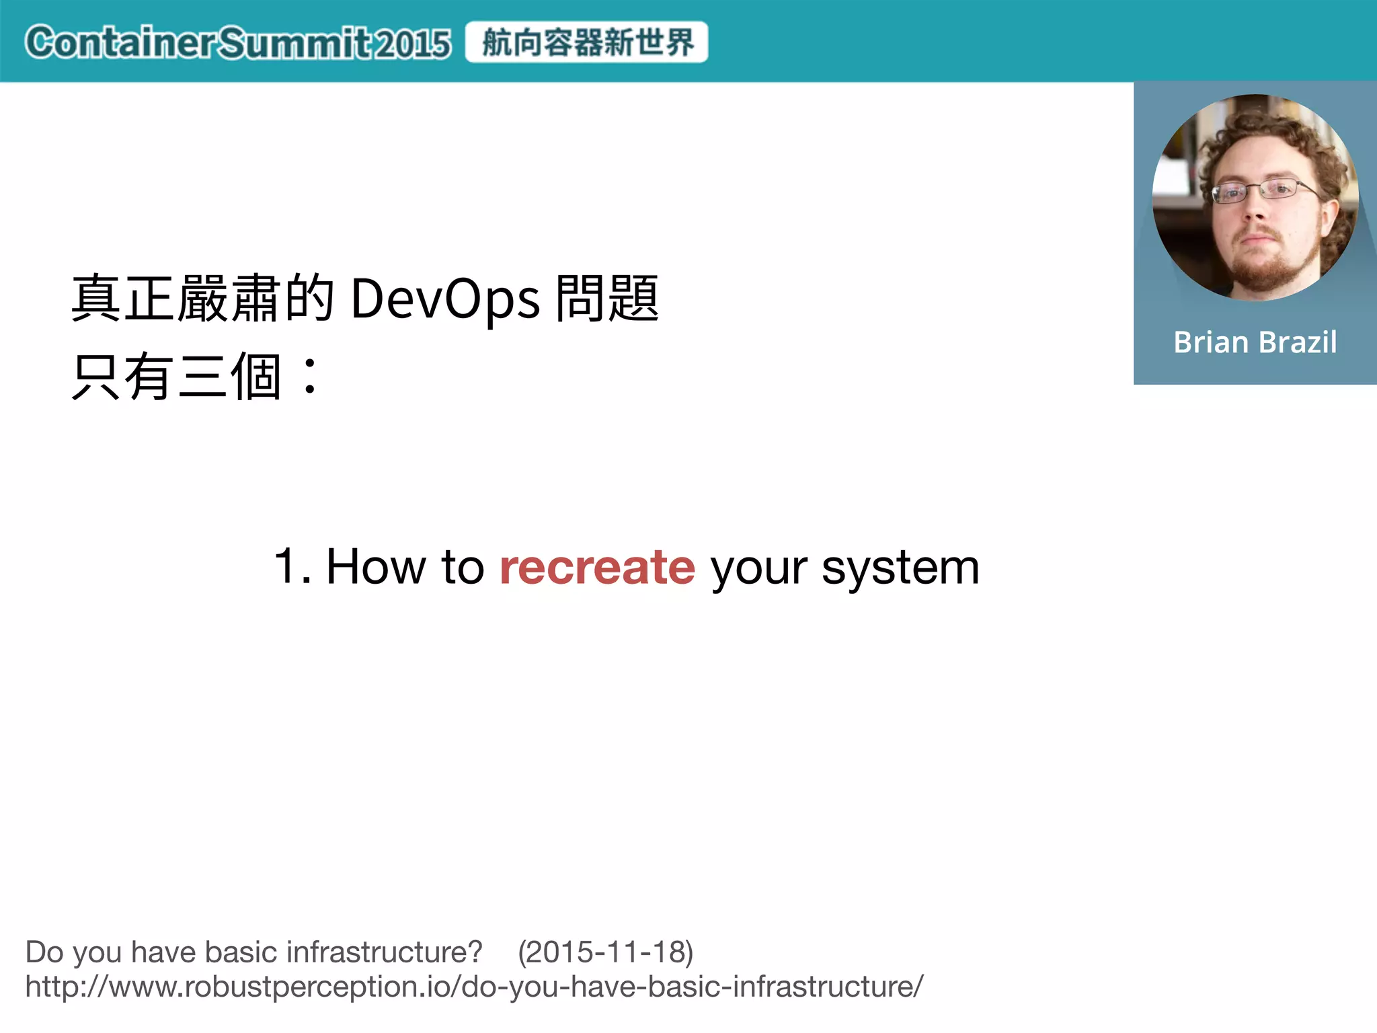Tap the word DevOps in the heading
point(444,299)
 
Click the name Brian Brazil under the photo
point(1255,342)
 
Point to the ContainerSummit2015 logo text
point(237,43)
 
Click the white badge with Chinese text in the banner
point(586,42)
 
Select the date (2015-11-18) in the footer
point(605,952)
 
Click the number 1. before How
point(292,566)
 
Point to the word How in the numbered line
point(376,566)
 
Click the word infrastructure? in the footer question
point(384,952)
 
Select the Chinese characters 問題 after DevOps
point(607,299)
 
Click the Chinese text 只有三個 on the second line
point(176,378)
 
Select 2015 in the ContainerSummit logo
point(412,44)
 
